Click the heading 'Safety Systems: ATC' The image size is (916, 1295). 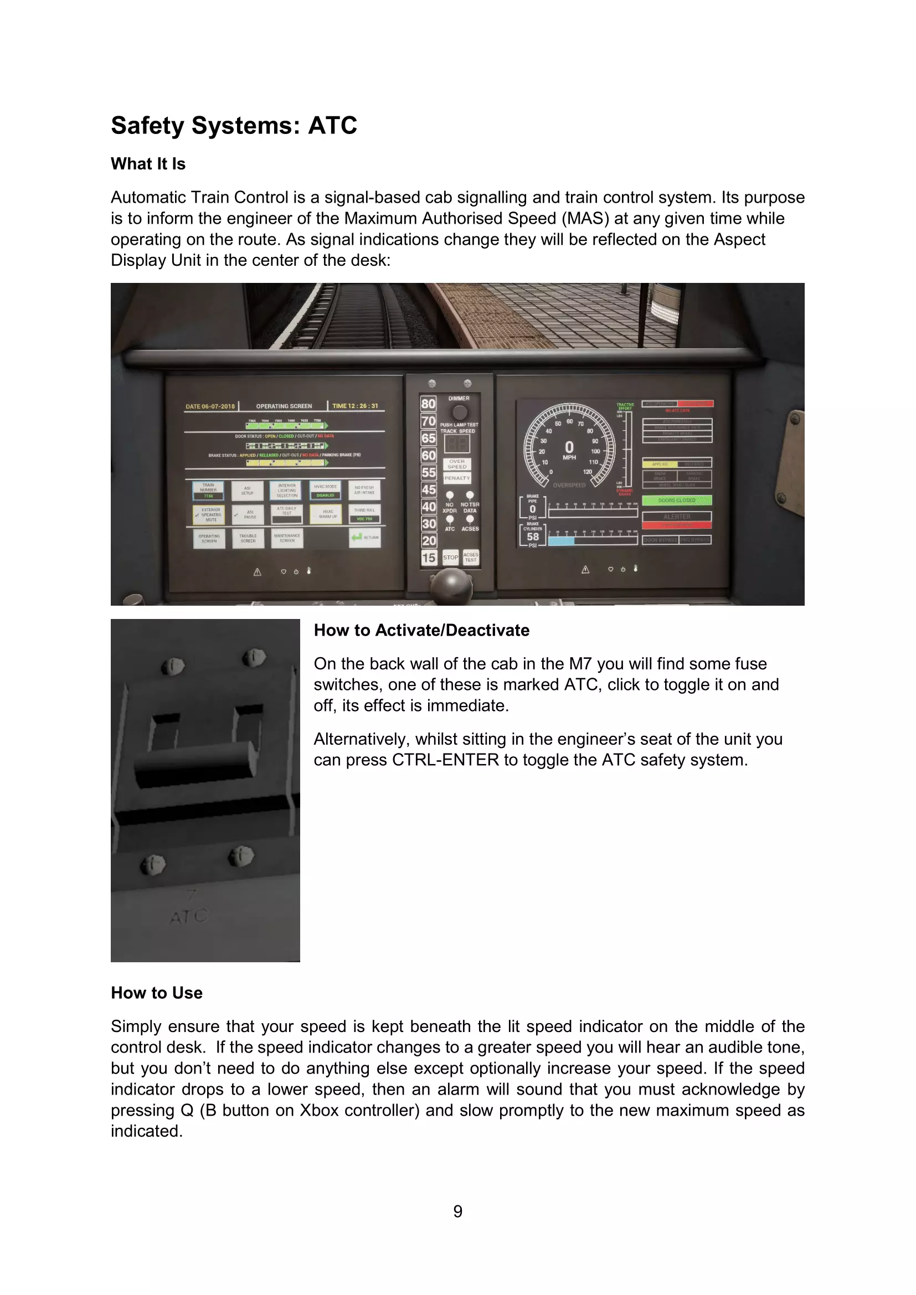click(x=234, y=125)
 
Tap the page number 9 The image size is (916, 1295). click(x=457, y=1211)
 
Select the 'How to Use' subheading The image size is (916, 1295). click(x=156, y=993)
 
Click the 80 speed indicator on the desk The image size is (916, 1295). click(x=428, y=404)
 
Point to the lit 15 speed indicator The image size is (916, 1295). click(x=429, y=558)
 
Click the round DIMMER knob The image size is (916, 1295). click(x=460, y=412)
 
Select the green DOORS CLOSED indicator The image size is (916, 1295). click(x=677, y=501)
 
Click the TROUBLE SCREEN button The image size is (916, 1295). click(x=248, y=539)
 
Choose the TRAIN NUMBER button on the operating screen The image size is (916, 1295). click(x=208, y=490)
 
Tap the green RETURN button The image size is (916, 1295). click(x=365, y=538)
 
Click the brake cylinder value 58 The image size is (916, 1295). click(x=532, y=537)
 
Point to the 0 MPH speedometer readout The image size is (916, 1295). click(x=569, y=449)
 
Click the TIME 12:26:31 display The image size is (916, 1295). click(x=356, y=406)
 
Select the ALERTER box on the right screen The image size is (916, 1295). click(x=677, y=517)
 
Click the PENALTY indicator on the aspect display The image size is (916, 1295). click(x=457, y=478)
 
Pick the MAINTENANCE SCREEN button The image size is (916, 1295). click(x=287, y=538)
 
